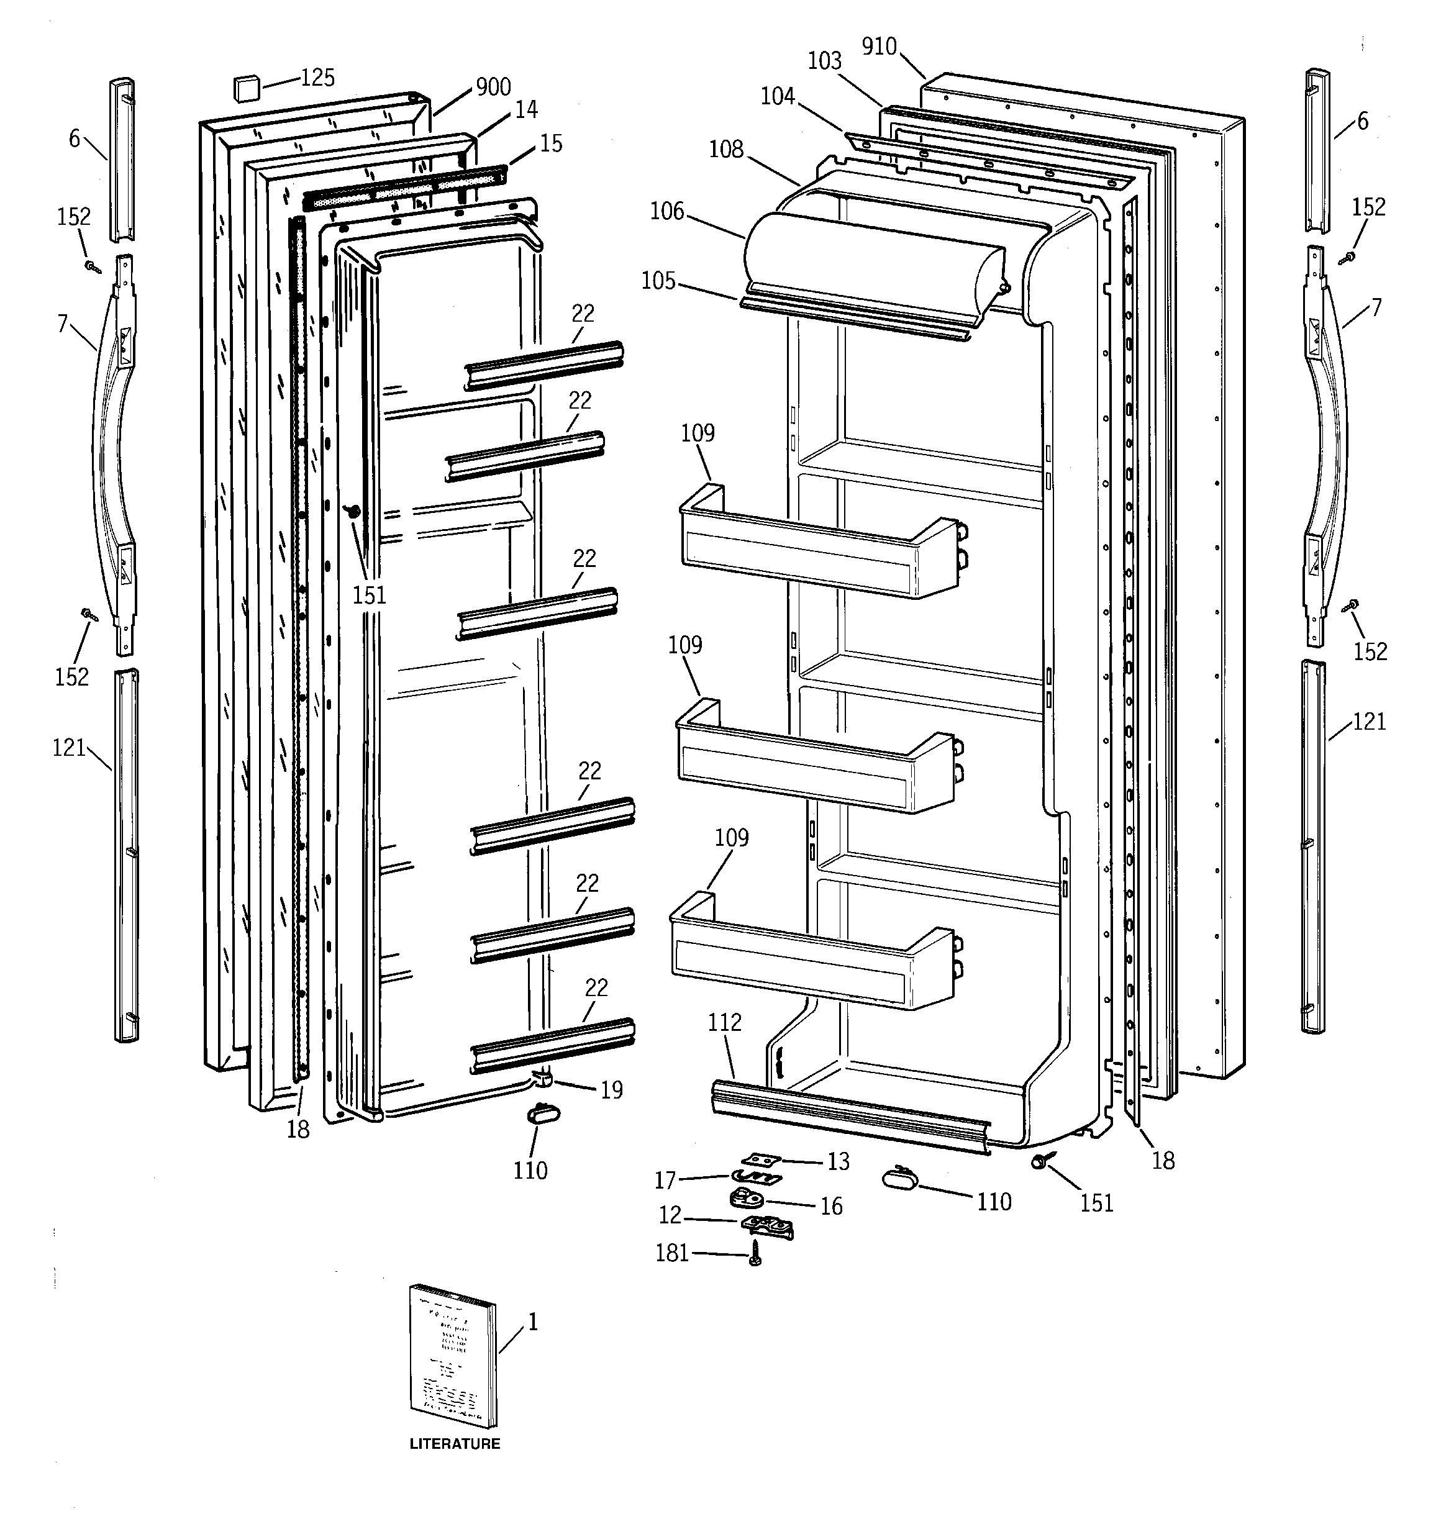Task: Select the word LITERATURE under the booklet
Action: click(454, 1443)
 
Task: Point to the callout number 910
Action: click(879, 47)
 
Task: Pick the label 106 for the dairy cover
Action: click(666, 211)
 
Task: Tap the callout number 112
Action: click(725, 1023)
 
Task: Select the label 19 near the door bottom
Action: click(612, 1090)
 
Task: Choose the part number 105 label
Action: click(658, 281)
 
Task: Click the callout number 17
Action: click(665, 1181)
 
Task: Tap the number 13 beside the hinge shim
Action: click(838, 1161)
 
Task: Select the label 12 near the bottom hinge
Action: click(670, 1215)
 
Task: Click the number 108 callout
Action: click(726, 149)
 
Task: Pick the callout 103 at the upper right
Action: click(824, 61)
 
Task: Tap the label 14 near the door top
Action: click(526, 110)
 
